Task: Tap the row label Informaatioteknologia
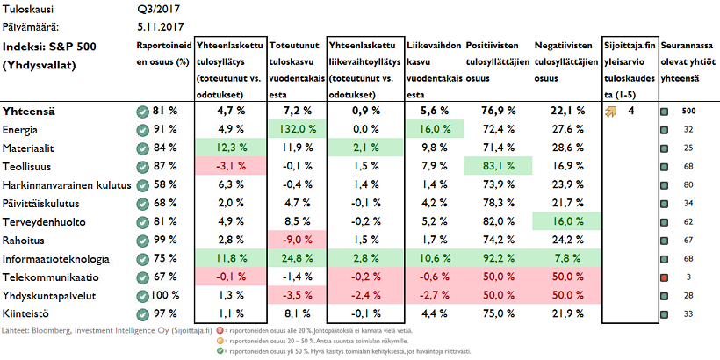point(55,259)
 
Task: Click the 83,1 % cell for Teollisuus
point(496,166)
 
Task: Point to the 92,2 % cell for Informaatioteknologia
point(496,259)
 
